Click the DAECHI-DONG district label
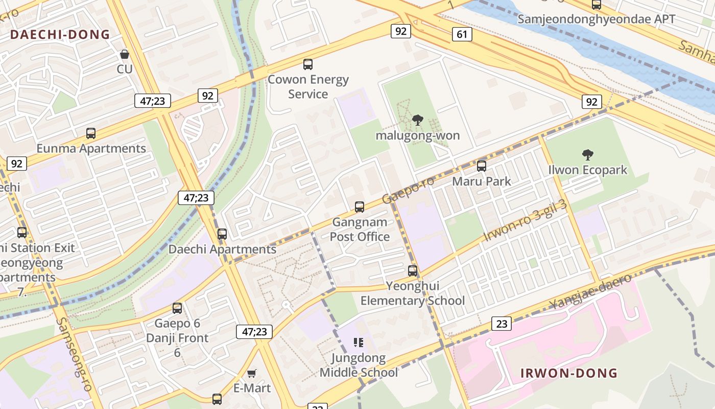(x=60, y=35)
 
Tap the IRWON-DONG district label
(x=569, y=373)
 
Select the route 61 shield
(x=462, y=34)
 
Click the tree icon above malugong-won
(x=418, y=120)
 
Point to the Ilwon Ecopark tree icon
(x=587, y=154)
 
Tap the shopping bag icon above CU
(x=124, y=54)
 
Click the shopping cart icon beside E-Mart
(x=251, y=373)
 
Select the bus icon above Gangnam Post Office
(x=360, y=207)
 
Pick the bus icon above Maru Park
(x=482, y=166)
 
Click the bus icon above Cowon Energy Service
(x=308, y=64)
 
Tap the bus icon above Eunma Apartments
(x=91, y=133)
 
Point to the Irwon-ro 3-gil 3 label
(x=525, y=221)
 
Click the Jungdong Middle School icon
(x=359, y=342)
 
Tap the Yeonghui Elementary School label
(x=413, y=293)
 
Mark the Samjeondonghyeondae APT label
(x=596, y=19)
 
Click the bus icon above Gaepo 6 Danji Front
(x=177, y=308)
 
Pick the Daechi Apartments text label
(x=222, y=249)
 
